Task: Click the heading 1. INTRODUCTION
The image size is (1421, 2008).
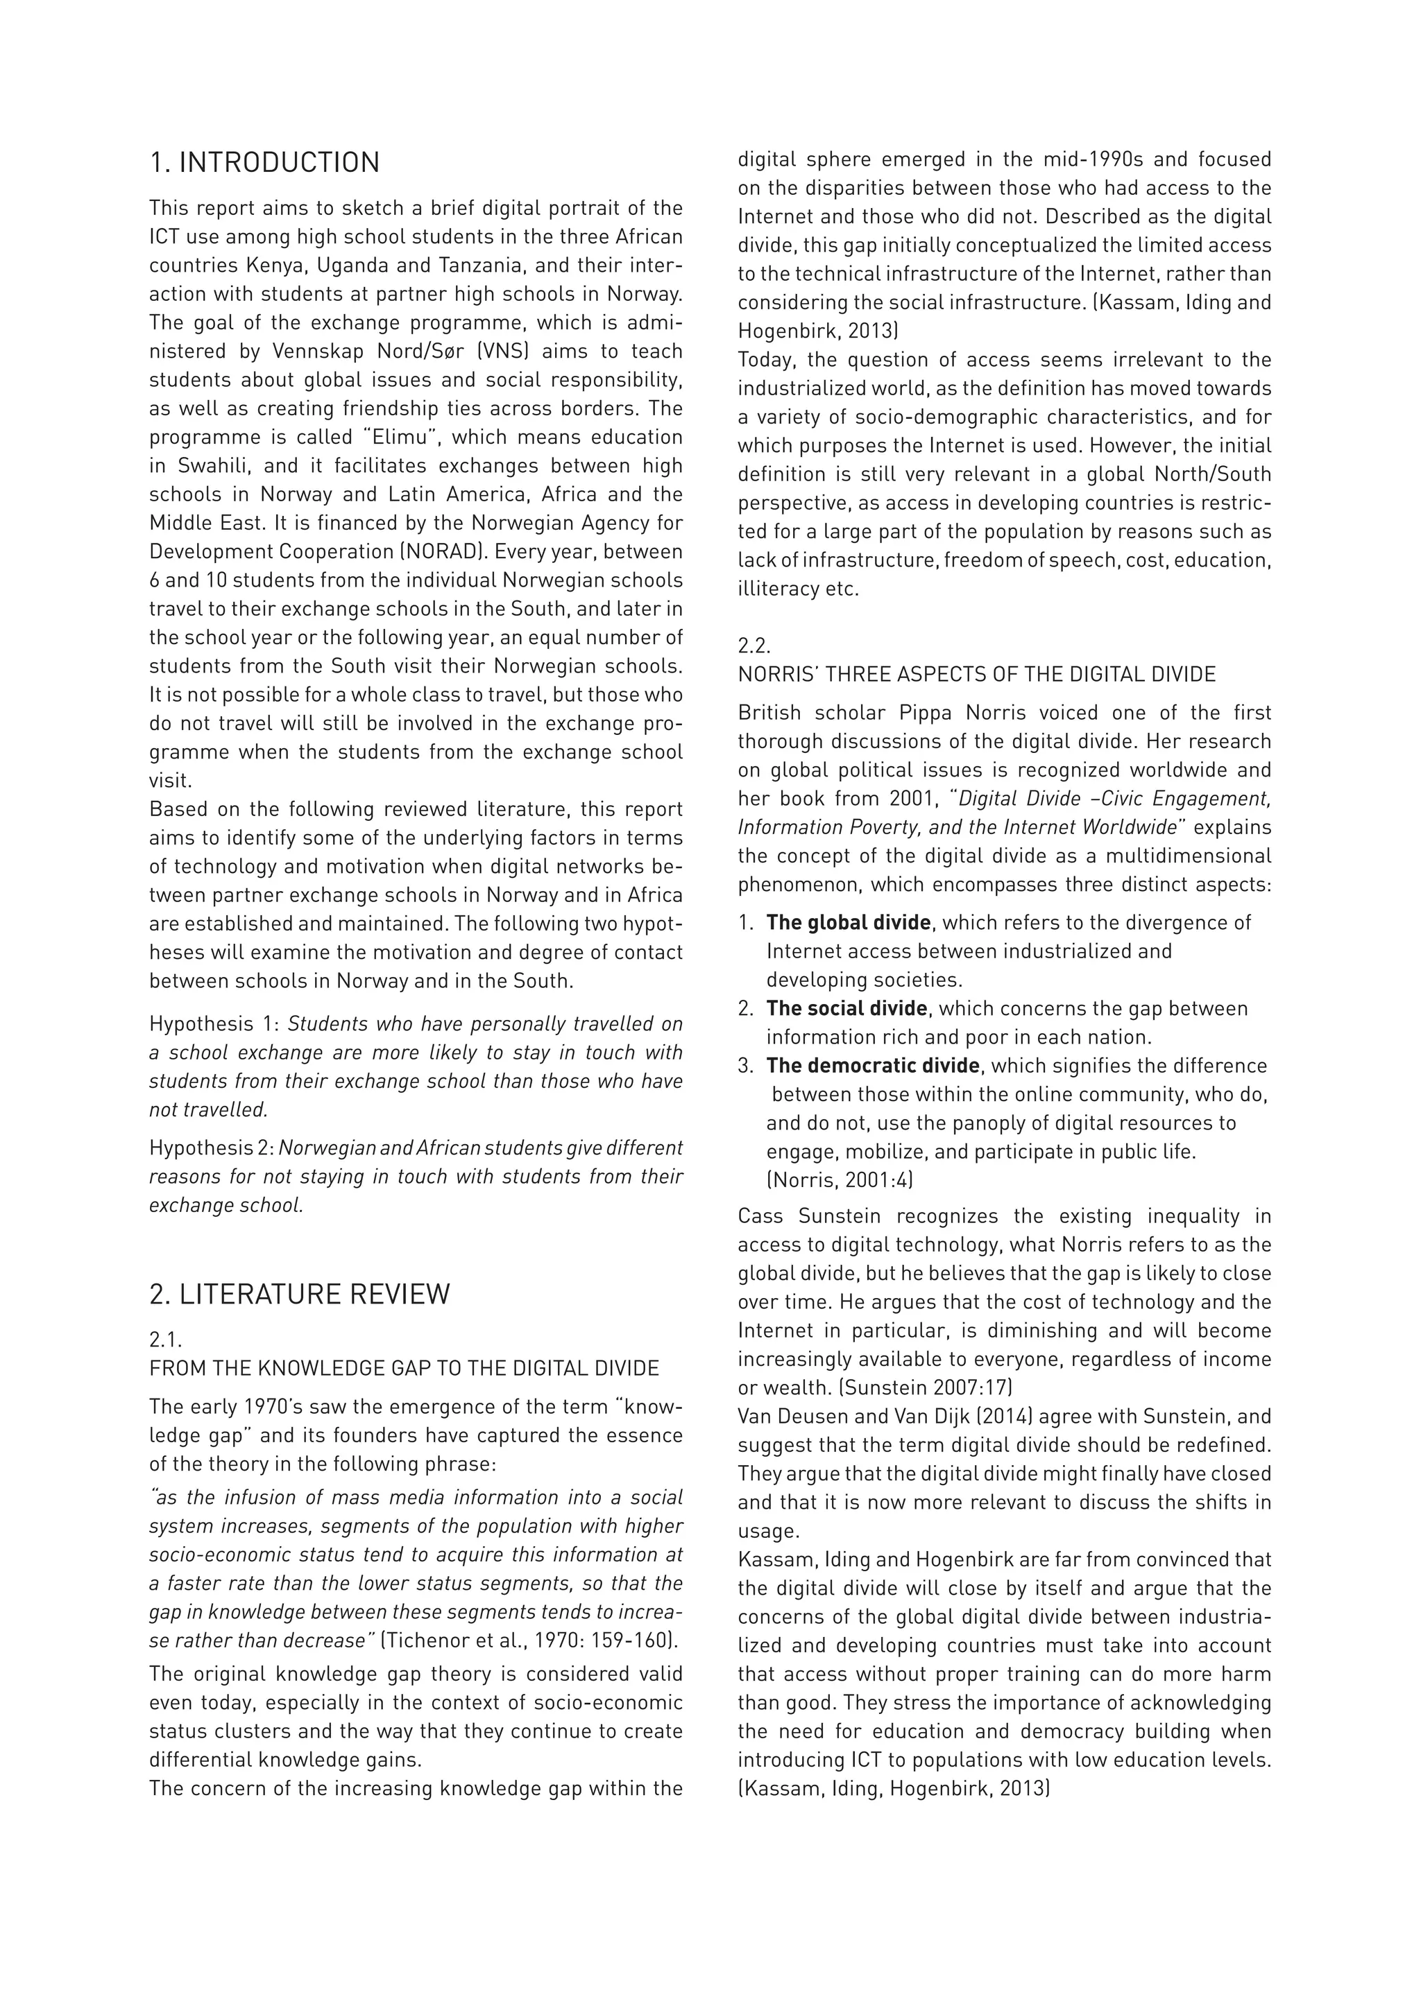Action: click(264, 163)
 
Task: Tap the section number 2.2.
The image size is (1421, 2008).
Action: click(754, 646)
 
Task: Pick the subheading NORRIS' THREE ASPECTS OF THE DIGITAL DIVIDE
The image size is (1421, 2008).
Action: click(976, 674)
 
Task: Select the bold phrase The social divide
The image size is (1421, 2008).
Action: click(846, 1008)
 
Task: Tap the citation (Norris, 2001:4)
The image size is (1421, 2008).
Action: click(839, 1180)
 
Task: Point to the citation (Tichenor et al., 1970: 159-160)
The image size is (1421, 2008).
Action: click(529, 1639)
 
